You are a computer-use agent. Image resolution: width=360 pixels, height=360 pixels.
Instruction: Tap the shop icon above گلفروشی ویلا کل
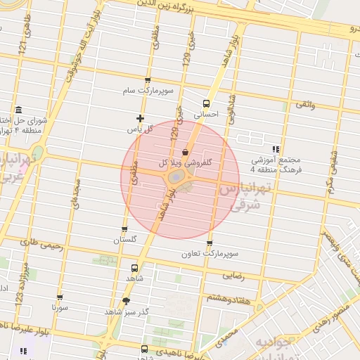click(185, 151)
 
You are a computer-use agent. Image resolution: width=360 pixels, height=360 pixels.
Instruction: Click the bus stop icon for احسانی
click(205, 102)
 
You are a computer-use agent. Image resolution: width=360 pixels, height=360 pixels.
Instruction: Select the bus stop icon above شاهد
click(134, 268)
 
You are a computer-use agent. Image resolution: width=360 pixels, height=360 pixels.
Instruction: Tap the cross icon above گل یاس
click(140, 118)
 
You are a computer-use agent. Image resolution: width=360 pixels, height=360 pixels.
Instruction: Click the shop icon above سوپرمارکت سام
click(147, 81)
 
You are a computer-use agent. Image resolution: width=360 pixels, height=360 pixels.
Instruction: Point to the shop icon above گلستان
click(124, 229)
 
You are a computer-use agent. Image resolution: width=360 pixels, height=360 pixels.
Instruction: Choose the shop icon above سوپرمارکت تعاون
click(209, 243)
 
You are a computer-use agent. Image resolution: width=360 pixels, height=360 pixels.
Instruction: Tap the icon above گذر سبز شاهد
click(126, 301)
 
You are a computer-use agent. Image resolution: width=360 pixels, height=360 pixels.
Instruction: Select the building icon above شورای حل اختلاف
click(18, 109)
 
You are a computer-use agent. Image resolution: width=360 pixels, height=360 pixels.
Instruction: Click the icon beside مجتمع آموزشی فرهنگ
click(276, 149)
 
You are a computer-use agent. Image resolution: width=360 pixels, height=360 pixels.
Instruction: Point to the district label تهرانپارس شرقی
click(244, 196)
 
